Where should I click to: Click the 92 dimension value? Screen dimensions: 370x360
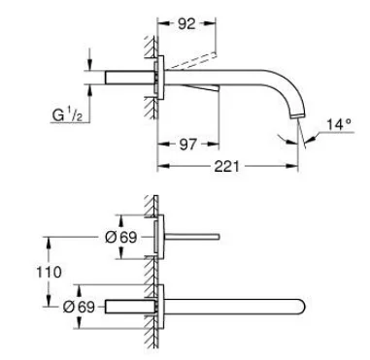point(186,23)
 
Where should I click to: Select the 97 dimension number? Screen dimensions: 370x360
point(187,144)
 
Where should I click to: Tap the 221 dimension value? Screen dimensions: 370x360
point(226,166)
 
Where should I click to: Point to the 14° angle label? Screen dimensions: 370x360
point(339,124)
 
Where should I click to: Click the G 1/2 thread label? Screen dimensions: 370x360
point(67,115)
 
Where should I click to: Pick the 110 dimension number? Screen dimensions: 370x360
point(49,273)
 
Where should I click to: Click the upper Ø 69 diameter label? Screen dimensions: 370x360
point(121,238)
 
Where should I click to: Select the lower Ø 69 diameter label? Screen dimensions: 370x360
point(79,307)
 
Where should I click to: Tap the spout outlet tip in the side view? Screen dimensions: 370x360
point(298,115)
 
